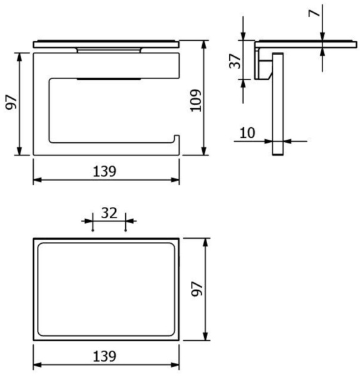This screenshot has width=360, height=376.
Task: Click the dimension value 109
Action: point(195,100)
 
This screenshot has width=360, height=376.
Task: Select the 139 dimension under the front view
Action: point(105,171)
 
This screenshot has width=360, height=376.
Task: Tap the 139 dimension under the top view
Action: point(105,357)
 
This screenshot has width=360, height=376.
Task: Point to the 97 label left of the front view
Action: point(11,102)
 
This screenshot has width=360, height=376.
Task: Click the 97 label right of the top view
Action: point(197,289)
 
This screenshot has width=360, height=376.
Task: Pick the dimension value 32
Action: point(109,213)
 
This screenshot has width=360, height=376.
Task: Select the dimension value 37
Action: point(235,61)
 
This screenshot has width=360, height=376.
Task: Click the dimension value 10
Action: point(247,133)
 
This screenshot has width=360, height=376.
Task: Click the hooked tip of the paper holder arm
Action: point(177,136)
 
